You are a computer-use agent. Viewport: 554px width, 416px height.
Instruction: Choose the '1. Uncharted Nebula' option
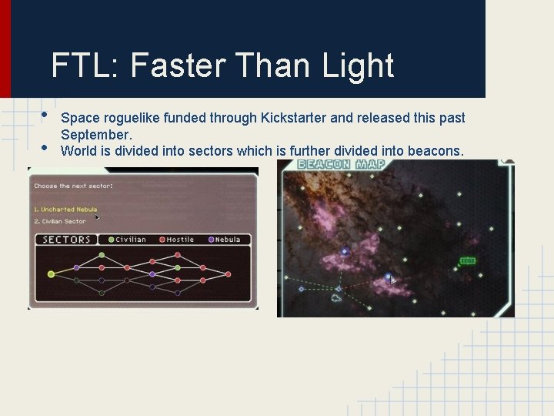[65, 210]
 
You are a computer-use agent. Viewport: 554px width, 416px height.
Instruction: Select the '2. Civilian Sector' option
[60, 222]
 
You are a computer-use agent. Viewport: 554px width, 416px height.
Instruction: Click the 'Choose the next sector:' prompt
[74, 186]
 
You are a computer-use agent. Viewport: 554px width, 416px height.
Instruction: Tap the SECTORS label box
[66, 240]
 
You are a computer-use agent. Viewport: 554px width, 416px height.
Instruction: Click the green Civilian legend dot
[112, 240]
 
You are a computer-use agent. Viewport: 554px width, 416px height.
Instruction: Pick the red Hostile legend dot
[162, 240]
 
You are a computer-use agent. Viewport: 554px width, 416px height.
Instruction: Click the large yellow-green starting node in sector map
[51, 273]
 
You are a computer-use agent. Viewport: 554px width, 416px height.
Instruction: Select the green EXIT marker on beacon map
[467, 261]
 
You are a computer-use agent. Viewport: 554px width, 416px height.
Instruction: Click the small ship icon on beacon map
[336, 297]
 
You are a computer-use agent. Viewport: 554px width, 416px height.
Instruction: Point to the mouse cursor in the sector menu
[97, 217]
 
